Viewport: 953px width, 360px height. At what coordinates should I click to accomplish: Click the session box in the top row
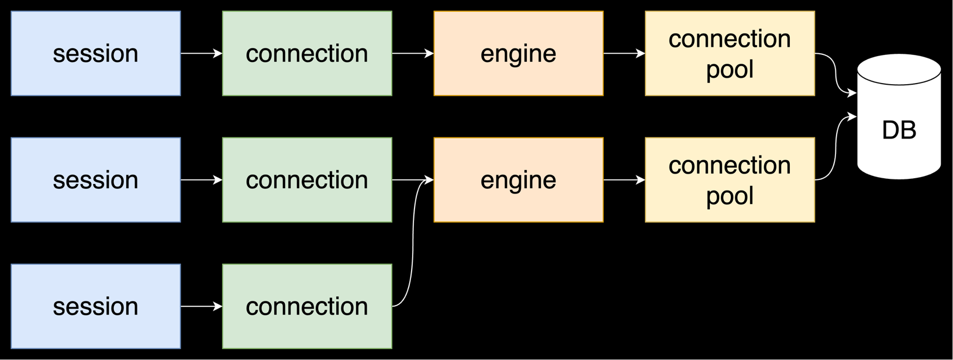(x=96, y=53)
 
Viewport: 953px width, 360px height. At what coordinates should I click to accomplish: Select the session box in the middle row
(x=96, y=180)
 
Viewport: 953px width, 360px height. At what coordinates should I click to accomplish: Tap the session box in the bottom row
(x=96, y=306)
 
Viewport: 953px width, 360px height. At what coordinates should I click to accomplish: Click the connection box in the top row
(x=307, y=53)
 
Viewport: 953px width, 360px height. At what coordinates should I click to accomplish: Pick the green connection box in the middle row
(x=307, y=180)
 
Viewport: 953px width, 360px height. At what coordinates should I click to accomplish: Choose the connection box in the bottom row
(x=307, y=306)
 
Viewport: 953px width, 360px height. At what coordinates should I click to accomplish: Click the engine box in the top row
(x=518, y=53)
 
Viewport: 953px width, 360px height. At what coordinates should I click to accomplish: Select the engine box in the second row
(x=518, y=180)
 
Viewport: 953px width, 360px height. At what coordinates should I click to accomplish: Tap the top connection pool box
(x=730, y=53)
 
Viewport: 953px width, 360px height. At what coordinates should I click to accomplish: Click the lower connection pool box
(x=730, y=180)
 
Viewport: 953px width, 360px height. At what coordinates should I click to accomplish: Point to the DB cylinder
(x=899, y=130)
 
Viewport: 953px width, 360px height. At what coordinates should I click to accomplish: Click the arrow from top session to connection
(x=201, y=53)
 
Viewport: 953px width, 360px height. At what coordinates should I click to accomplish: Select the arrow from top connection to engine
(x=412, y=53)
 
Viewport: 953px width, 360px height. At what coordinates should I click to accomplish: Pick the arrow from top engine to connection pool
(x=624, y=53)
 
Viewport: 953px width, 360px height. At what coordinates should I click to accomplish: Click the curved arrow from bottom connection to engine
(x=413, y=245)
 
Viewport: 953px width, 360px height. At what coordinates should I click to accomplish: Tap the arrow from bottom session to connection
(x=201, y=306)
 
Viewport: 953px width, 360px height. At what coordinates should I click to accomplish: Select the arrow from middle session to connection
(x=201, y=180)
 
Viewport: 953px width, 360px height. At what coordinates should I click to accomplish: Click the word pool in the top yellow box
(x=730, y=70)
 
